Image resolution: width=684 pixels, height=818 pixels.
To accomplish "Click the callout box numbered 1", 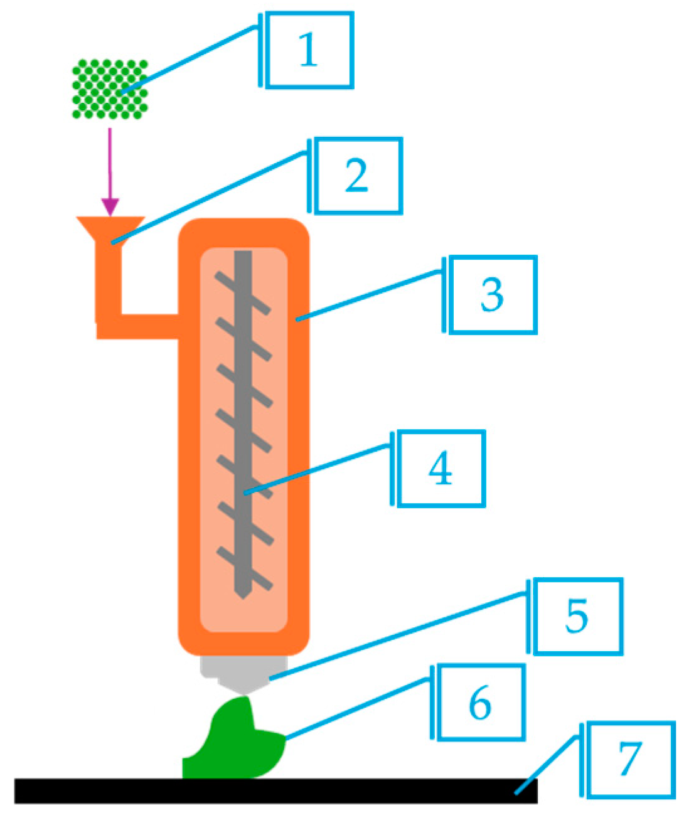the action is coord(309,50).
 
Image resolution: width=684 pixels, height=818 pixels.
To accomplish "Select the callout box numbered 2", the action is coord(359,176).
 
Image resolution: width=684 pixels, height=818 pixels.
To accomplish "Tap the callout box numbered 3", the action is coord(493,295).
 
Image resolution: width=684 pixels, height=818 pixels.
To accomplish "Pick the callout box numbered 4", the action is coord(441,469).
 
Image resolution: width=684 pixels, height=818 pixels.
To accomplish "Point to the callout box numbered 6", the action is coord(481,702).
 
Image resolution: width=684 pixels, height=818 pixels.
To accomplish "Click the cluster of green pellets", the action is coord(110,89).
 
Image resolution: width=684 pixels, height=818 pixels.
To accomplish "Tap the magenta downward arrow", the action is coord(110,172).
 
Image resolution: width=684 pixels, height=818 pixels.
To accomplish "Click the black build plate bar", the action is coord(276,790).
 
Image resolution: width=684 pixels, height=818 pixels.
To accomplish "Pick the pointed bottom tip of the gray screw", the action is coord(243,598).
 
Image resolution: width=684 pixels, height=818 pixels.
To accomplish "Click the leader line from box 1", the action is coord(190,60).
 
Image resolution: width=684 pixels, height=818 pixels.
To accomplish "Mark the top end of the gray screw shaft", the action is coord(243,251).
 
